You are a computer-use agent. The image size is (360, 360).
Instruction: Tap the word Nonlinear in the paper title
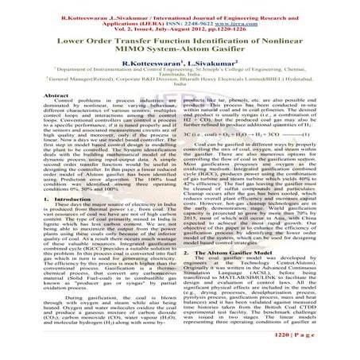(x=299, y=38)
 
